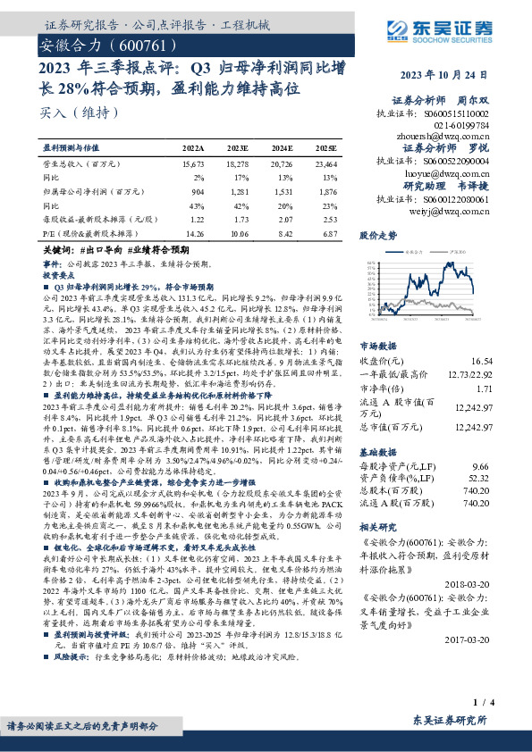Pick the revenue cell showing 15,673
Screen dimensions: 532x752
pos(193,165)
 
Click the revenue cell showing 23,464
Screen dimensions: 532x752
pos(326,165)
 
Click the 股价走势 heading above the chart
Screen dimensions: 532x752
pos(378,237)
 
